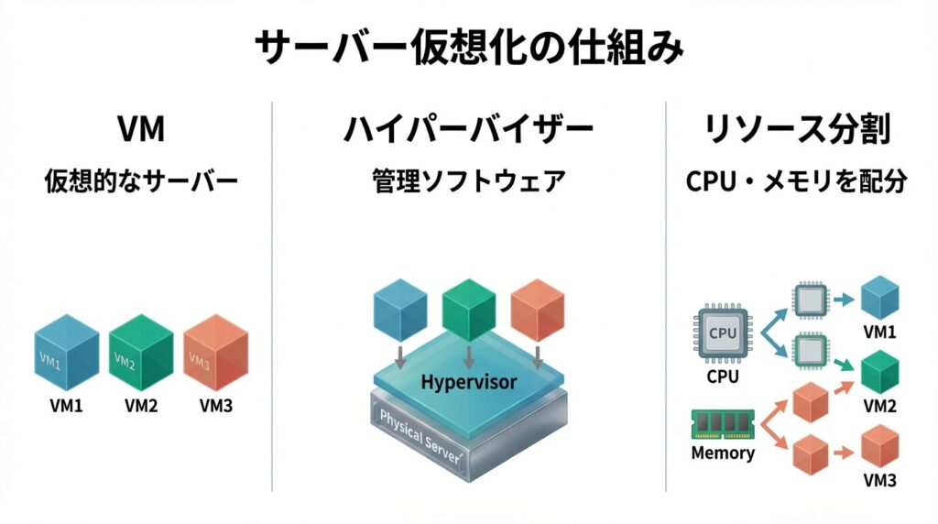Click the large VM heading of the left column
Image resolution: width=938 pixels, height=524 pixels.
[141, 129]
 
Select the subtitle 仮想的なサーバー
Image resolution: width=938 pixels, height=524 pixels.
[141, 181]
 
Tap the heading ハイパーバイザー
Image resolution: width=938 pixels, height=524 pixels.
[468, 129]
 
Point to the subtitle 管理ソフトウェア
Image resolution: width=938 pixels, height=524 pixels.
[468, 181]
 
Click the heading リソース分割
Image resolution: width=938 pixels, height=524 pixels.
[796, 129]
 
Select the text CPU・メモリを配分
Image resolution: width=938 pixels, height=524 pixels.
[796, 181]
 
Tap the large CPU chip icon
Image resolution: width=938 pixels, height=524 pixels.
[722, 333]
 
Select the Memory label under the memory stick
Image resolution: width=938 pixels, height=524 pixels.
[723, 453]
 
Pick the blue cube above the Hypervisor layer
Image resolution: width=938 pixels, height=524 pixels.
[401, 307]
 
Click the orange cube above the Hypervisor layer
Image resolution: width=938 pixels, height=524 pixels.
[537, 307]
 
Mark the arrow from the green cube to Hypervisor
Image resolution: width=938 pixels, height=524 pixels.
[469, 355]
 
